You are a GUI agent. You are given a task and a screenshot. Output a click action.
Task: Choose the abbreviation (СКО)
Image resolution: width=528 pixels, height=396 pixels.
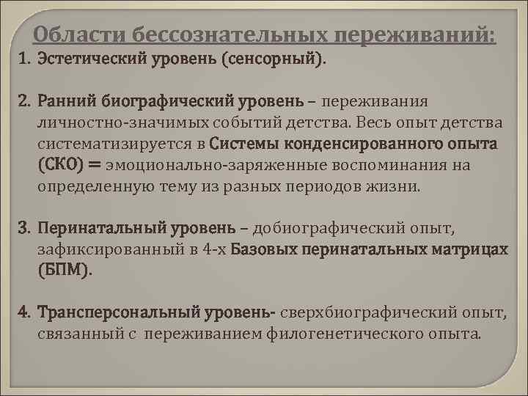(x=64, y=164)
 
